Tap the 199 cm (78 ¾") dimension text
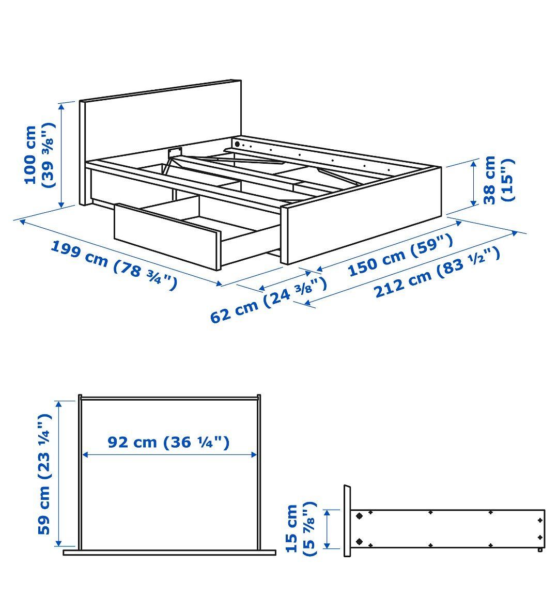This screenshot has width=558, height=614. (114, 265)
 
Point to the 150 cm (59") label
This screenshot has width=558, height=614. (400, 255)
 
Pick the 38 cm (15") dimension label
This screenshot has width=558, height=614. (499, 180)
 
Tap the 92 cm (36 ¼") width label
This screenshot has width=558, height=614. (168, 442)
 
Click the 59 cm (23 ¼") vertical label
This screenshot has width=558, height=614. (44, 474)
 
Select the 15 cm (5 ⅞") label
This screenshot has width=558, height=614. (301, 529)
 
